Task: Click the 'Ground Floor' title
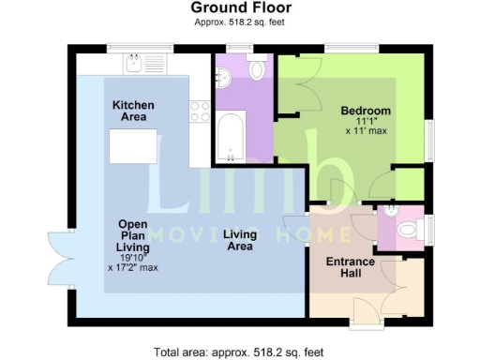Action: pyautogui.click(x=239, y=7)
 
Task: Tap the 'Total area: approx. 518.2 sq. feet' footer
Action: pyautogui.click(x=239, y=352)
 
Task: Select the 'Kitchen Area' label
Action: pyautogui.click(x=133, y=112)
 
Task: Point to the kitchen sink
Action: pyautogui.click(x=136, y=64)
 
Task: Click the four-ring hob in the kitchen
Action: pyautogui.click(x=200, y=112)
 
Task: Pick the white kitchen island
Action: pyautogui.click(x=132, y=146)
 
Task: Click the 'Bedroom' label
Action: pyautogui.click(x=366, y=111)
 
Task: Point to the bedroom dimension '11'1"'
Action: pyautogui.click(x=366, y=120)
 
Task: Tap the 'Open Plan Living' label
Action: pyautogui.click(x=133, y=235)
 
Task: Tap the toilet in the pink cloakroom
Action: pyautogui.click(x=407, y=229)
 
